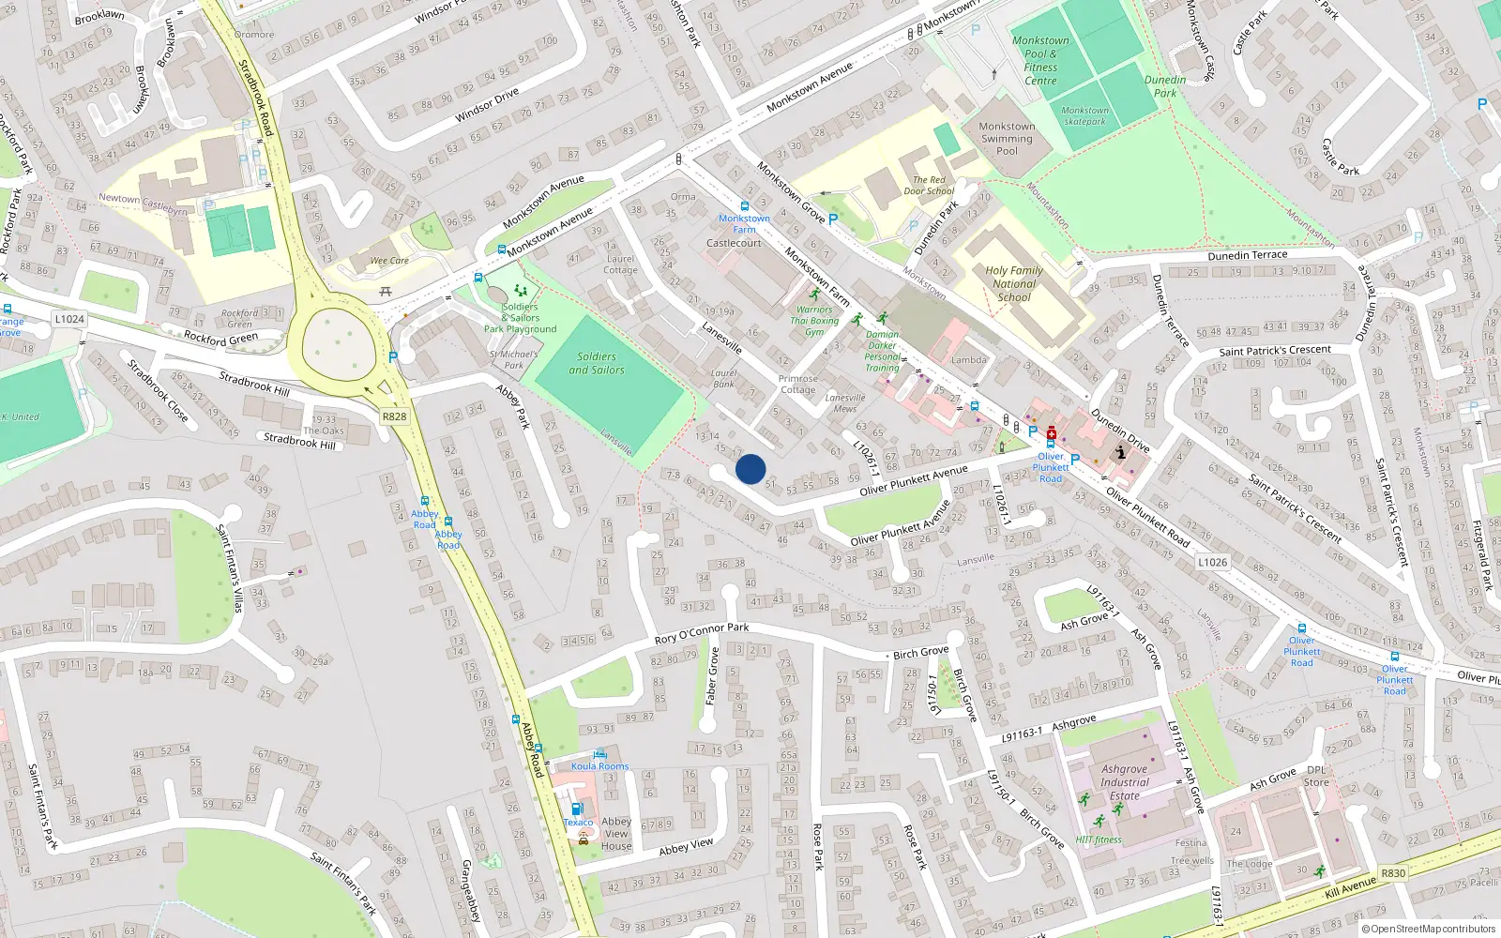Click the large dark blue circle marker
(x=750, y=469)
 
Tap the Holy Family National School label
(x=1014, y=284)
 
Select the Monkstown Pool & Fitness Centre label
(x=1040, y=61)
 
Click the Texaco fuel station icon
(x=576, y=809)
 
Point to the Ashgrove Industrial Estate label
(x=1124, y=782)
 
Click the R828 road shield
(x=394, y=416)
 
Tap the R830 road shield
(x=1393, y=873)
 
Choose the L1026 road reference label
(x=1212, y=562)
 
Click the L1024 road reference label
(x=69, y=319)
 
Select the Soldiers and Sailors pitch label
(x=597, y=363)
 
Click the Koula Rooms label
(x=600, y=766)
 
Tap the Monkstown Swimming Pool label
(x=1007, y=138)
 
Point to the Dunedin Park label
(x=1165, y=86)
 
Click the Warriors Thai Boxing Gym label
(x=814, y=321)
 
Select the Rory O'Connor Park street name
(x=702, y=633)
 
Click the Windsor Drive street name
(x=487, y=105)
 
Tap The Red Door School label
(x=929, y=186)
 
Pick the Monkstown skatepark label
(x=1084, y=115)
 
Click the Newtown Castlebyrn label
(x=144, y=204)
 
